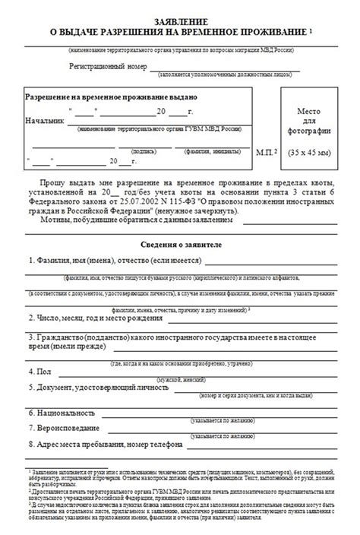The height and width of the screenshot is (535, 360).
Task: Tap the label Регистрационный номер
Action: click(x=106, y=66)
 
